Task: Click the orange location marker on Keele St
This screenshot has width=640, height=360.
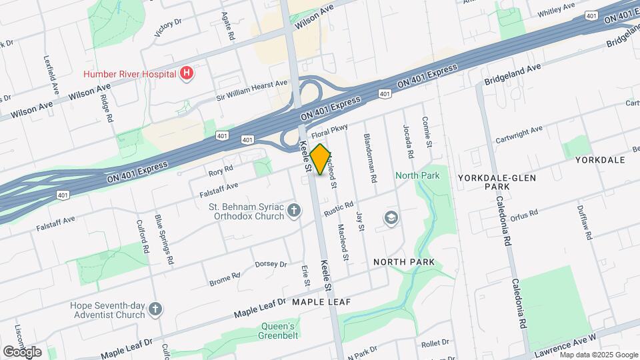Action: (x=321, y=159)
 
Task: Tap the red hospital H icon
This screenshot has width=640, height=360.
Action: (x=187, y=73)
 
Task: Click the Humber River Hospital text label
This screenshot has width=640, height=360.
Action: (x=129, y=73)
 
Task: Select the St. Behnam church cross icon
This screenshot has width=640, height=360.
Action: (x=294, y=212)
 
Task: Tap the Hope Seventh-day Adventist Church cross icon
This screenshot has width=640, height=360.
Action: (x=155, y=309)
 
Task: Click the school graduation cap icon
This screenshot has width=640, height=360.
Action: (x=391, y=218)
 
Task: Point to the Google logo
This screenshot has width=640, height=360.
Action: (x=22, y=351)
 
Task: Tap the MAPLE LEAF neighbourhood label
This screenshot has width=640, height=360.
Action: (x=321, y=302)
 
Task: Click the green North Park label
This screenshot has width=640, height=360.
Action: (x=417, y=175)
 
